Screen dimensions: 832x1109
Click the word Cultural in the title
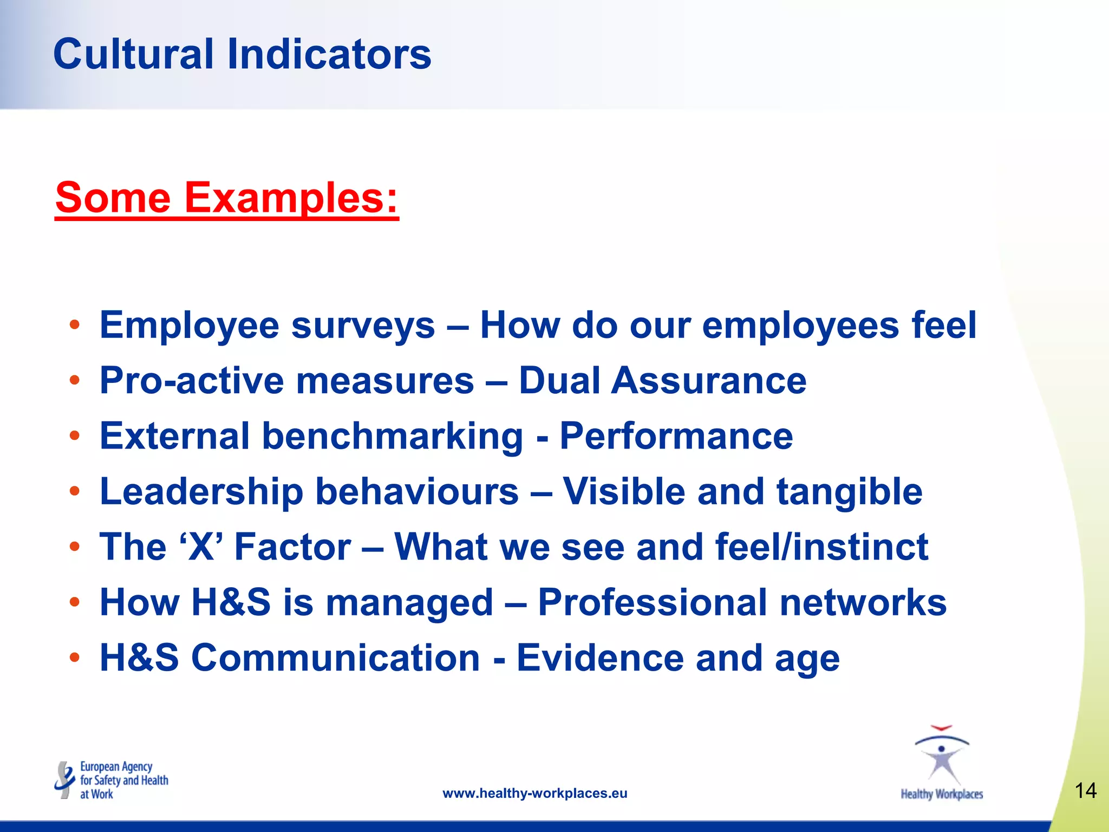[133, 54]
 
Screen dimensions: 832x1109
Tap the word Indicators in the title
[329, 54]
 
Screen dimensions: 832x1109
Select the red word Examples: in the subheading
[291, 198]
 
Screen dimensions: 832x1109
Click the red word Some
[113, 198]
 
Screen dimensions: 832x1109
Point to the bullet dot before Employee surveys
[75, 325]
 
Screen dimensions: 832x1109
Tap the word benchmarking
[393, 437]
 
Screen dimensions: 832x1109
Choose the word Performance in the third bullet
[676, 436]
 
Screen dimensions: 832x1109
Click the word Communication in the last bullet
[336, 658]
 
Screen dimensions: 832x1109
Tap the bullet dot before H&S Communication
[75, 658]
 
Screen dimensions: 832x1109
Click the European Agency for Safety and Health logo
[112, 780]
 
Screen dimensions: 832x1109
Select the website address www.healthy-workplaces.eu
[535, 794]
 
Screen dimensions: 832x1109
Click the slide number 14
[1085, 791]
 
